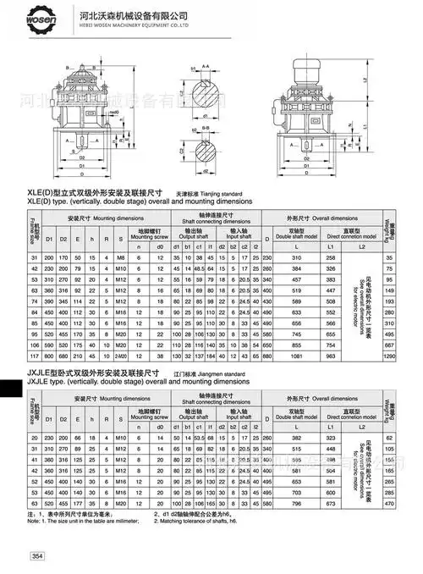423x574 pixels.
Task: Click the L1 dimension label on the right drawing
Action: click(364, 126)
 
